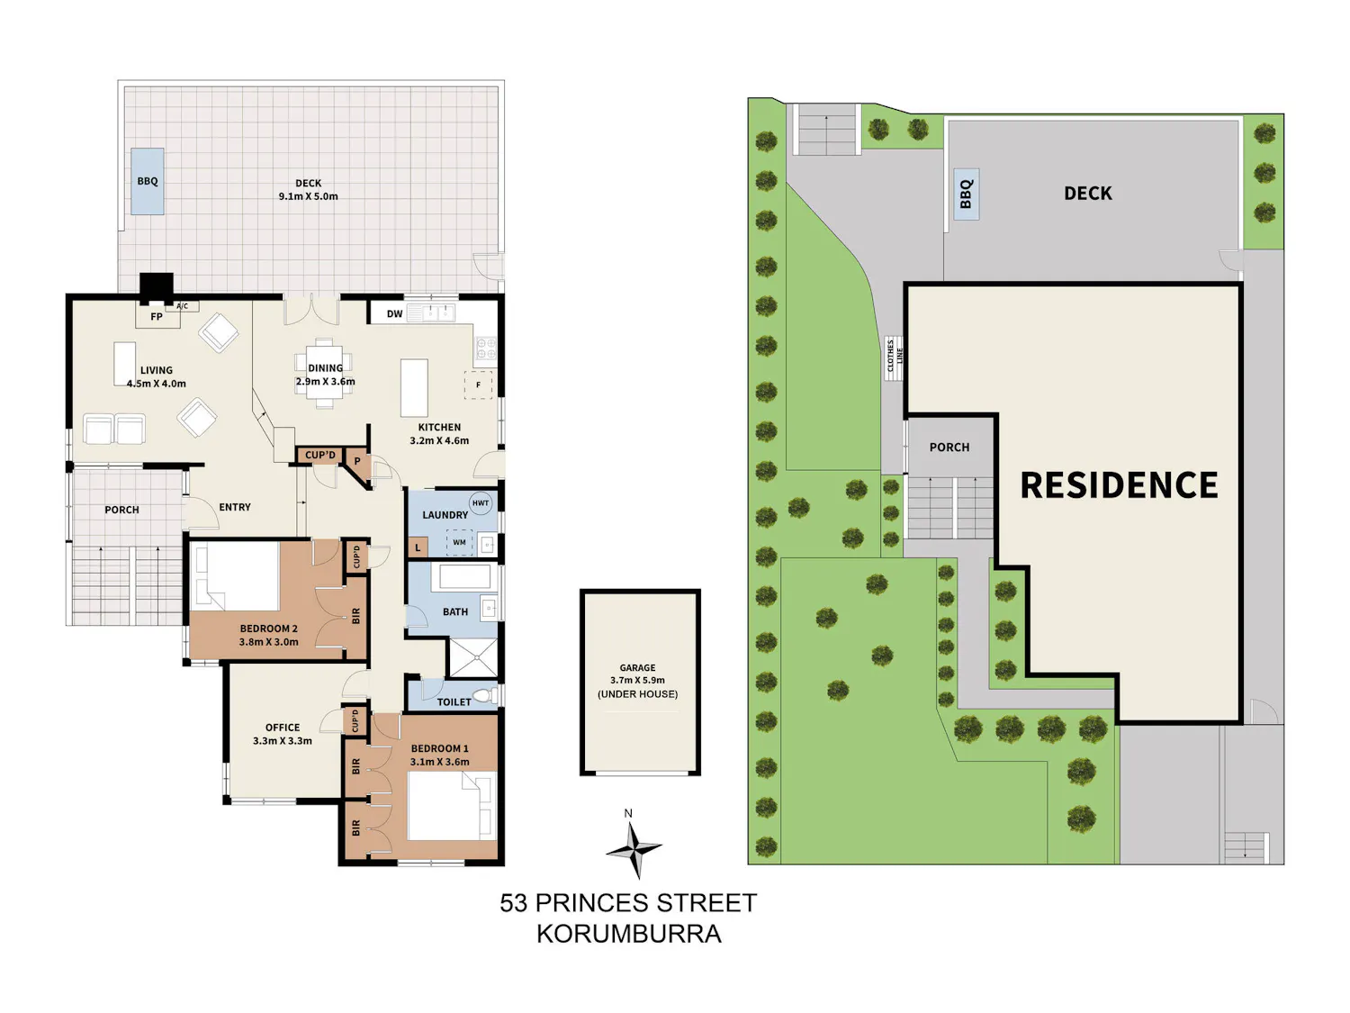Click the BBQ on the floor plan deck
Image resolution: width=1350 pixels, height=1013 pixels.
coord(147,182)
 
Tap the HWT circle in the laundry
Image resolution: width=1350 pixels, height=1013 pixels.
coord(481,503)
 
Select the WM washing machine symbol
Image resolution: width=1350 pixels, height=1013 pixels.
coord(459,542)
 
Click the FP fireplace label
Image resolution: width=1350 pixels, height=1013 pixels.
coord(157,316)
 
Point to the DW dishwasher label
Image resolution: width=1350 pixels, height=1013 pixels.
coord(394,313)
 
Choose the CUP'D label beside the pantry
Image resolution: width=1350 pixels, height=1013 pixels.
coord(320,455)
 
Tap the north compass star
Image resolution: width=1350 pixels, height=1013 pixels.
coord(634,849)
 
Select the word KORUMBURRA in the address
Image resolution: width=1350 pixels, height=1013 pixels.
coord(628,935)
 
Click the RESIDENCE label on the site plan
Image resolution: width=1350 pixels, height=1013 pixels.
coord(1119,484)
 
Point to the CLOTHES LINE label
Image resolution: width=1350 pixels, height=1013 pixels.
coord(894,355)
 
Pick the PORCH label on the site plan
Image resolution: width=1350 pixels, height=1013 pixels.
coord(949,448)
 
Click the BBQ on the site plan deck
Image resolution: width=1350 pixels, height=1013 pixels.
coord(967,194)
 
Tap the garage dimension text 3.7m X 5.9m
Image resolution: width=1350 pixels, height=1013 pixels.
coord(637,680)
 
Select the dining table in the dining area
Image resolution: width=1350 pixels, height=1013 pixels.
coord(324,374)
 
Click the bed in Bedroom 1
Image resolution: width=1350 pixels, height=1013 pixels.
coord(452,806)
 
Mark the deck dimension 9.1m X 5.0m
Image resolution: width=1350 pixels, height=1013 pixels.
coord(308,197)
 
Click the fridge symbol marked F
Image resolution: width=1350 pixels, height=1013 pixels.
coord(478,384)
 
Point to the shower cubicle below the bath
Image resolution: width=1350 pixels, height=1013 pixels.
coord(473,657)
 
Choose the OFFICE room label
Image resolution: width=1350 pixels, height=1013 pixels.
coord(283,727)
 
